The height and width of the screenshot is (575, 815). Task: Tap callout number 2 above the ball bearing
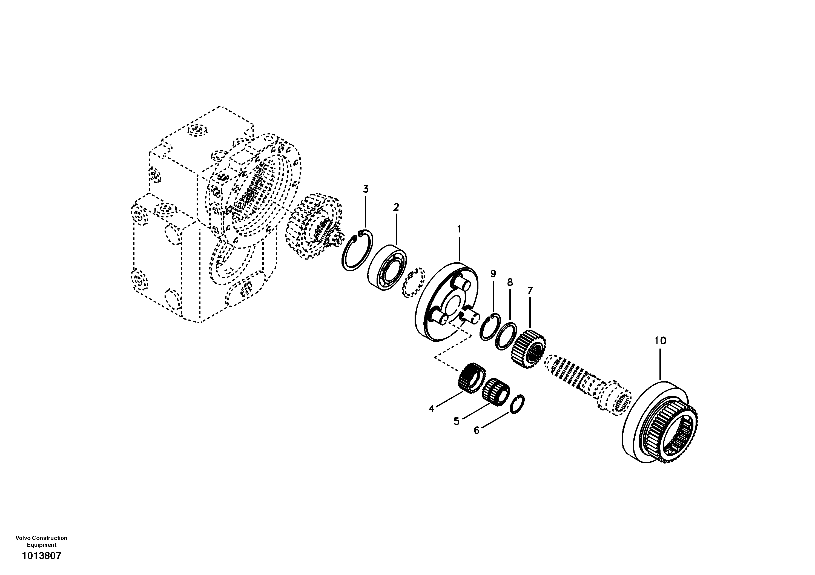(396, 207)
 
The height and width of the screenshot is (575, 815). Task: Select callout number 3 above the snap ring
(366, 189)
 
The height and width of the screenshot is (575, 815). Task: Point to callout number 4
(431, 409)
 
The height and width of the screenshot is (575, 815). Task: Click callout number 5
(457, 421)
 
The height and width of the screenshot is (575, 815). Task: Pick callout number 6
(477, 430)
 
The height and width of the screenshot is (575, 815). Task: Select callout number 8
(510, 283)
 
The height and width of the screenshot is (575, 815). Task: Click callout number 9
(493, 274)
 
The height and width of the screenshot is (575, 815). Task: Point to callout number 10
(660, 341)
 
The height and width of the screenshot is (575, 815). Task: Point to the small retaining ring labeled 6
(518, 404)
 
